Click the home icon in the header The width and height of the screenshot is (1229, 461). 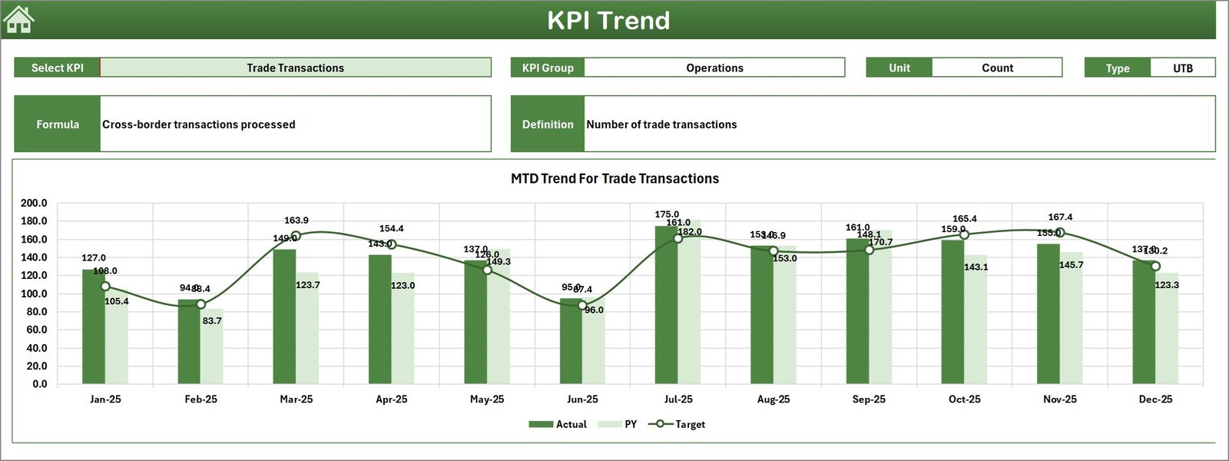(x=18, y=20)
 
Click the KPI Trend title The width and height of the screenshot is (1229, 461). (x=608, y=21)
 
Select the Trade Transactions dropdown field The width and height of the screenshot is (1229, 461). (x=295, y=68)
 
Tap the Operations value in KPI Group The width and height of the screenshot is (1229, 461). (x=714, y=68)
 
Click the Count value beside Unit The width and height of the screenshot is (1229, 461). (x=997, y=68)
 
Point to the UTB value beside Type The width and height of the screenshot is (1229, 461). (x=1182, y=68)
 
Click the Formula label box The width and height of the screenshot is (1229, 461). (x=58, y=124)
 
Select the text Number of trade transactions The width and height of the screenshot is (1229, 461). (x=661, y=124)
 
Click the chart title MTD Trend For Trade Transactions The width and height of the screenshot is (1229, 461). (x=614, y=178)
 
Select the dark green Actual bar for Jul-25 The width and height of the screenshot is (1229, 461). (x=666, y=307)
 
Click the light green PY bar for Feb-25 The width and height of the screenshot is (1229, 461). (x=213, y=347)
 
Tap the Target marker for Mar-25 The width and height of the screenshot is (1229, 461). (x=296, y=237)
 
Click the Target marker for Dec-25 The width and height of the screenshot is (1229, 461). (x=1155, y=267)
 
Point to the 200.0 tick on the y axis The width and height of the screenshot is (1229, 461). (x=34, y=204)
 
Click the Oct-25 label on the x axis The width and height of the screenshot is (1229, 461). (x=964, y=400)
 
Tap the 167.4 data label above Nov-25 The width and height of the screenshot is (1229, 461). (x=1060, y=217)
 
